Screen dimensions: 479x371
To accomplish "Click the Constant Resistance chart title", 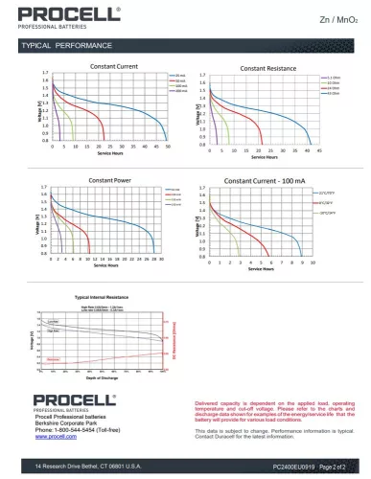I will pyautogui.click(x=267, y=69).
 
